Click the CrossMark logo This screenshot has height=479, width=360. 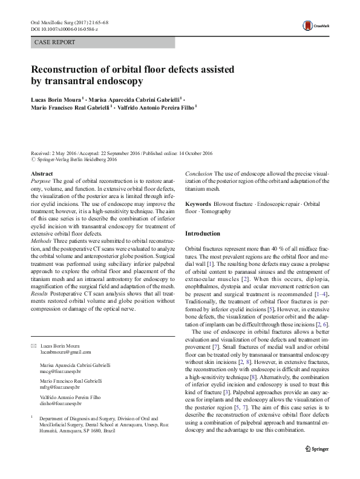click(x=316, y=25)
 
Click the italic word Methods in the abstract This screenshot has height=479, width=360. click(x=42, y=240)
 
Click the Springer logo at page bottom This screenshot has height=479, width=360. click(x=318, y=466)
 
